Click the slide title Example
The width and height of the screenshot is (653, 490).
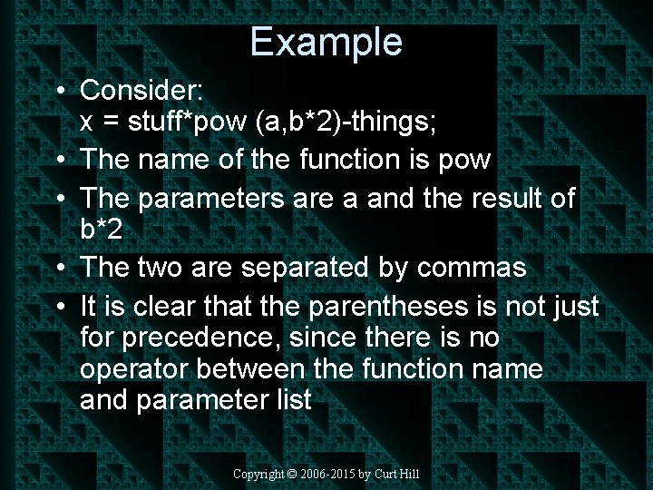326,42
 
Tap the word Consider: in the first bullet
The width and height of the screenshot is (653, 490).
142,90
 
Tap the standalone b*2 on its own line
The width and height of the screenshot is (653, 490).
100,230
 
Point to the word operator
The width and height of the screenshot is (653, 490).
134,369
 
